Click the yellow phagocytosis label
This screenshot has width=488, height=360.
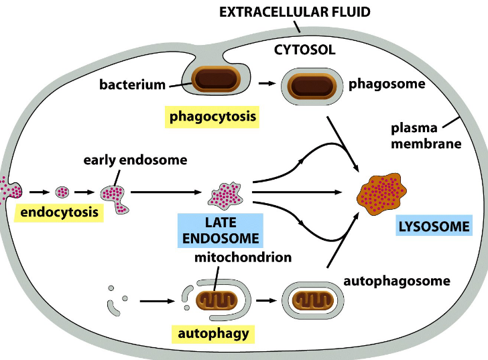point(212,117)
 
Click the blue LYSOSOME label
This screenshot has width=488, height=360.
point(434,226)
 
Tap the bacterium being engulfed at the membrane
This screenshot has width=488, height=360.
point(216,80)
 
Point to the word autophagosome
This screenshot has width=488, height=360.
point(396,281)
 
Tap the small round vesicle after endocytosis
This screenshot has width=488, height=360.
point(62,192)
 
